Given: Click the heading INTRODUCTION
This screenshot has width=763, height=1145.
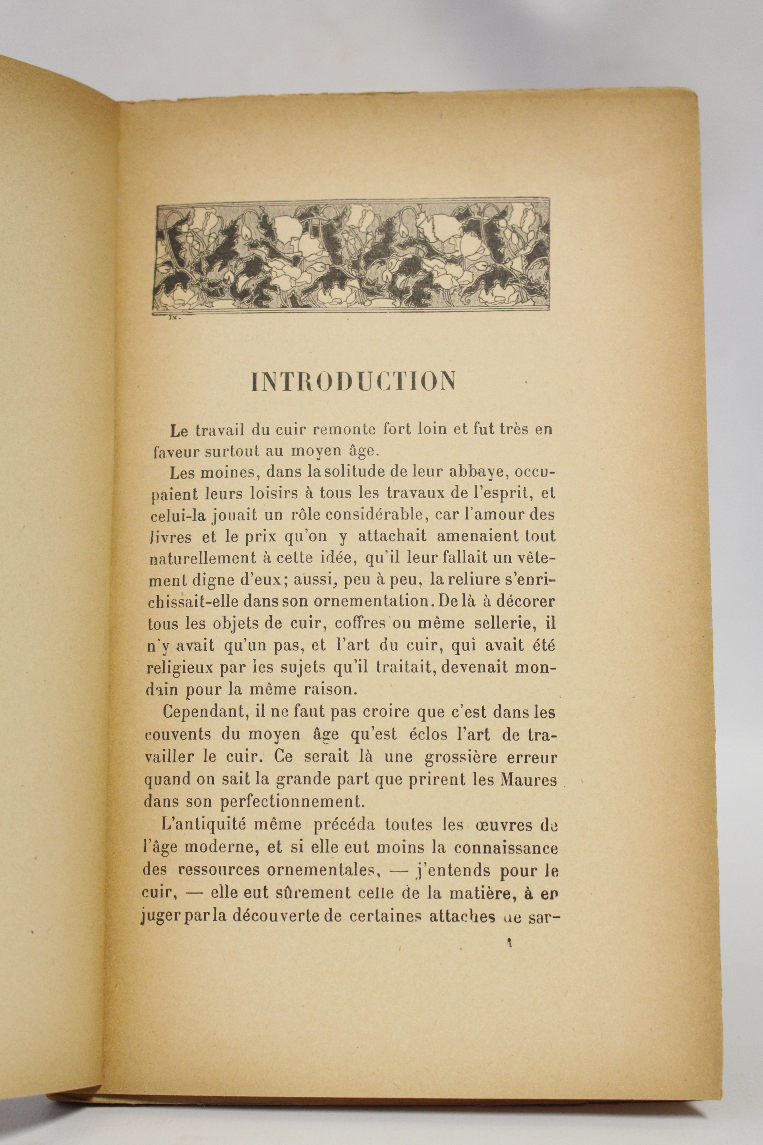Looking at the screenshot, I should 354,382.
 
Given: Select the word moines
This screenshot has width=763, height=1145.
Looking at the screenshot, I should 225,472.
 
